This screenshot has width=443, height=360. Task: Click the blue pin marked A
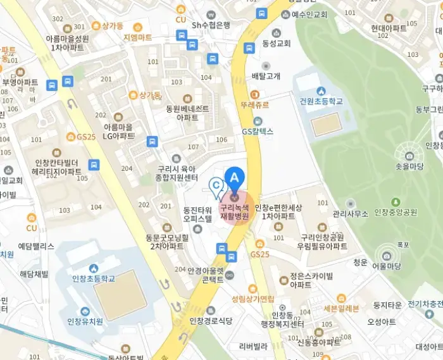tap(235, 178)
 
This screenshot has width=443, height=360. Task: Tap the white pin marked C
tap(216, 185)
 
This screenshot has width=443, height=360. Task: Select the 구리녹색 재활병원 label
tap(235, 211)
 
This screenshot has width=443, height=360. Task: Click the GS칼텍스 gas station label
tap(257, 132)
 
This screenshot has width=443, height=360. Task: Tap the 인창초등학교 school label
tap(94, 278)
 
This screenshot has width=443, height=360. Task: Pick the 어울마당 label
tap(387, 266)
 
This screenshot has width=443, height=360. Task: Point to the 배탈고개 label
tap(266, 76)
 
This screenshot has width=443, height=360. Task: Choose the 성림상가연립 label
tap(253, 299)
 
